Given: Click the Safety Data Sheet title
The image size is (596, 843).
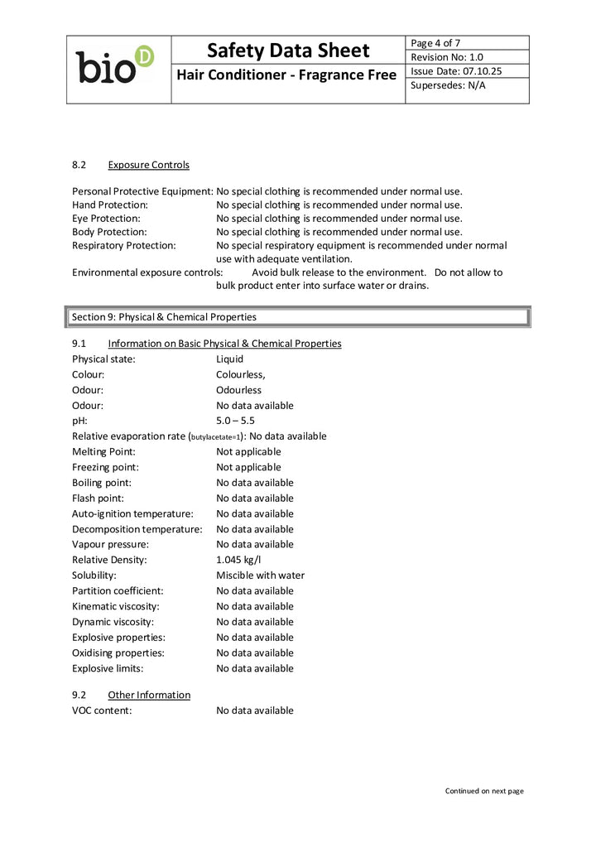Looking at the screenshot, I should click(x=288, y=51).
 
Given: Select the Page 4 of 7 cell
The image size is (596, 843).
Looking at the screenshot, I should click(x=435, y=43).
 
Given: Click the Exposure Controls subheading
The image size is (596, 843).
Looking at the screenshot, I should click(x=148, y=165).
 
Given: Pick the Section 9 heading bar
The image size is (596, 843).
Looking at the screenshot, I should click(x=297, y=317).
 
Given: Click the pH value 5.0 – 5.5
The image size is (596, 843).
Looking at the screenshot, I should click(x=235, y=421).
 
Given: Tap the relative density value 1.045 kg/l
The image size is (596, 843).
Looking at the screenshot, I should click(x=239, y=560).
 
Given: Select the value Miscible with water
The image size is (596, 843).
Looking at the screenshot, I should click(x=260, y=576).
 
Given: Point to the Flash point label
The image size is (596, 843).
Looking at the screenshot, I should click(x=98, y=499).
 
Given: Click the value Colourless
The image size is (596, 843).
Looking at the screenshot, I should click(x=240, y=374).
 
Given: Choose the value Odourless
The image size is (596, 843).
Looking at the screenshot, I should click(x=238, y=390).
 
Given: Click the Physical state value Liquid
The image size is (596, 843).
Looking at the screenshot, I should click(x=229, y=359).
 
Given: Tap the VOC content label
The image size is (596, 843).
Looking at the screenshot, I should click(x=102, y=711).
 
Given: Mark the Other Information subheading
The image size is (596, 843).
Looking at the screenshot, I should click(x=149, y=695).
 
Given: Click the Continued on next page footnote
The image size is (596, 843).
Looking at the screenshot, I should click(x=484, y=791).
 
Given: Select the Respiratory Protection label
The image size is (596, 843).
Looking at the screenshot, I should click(x=124, y=246).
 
